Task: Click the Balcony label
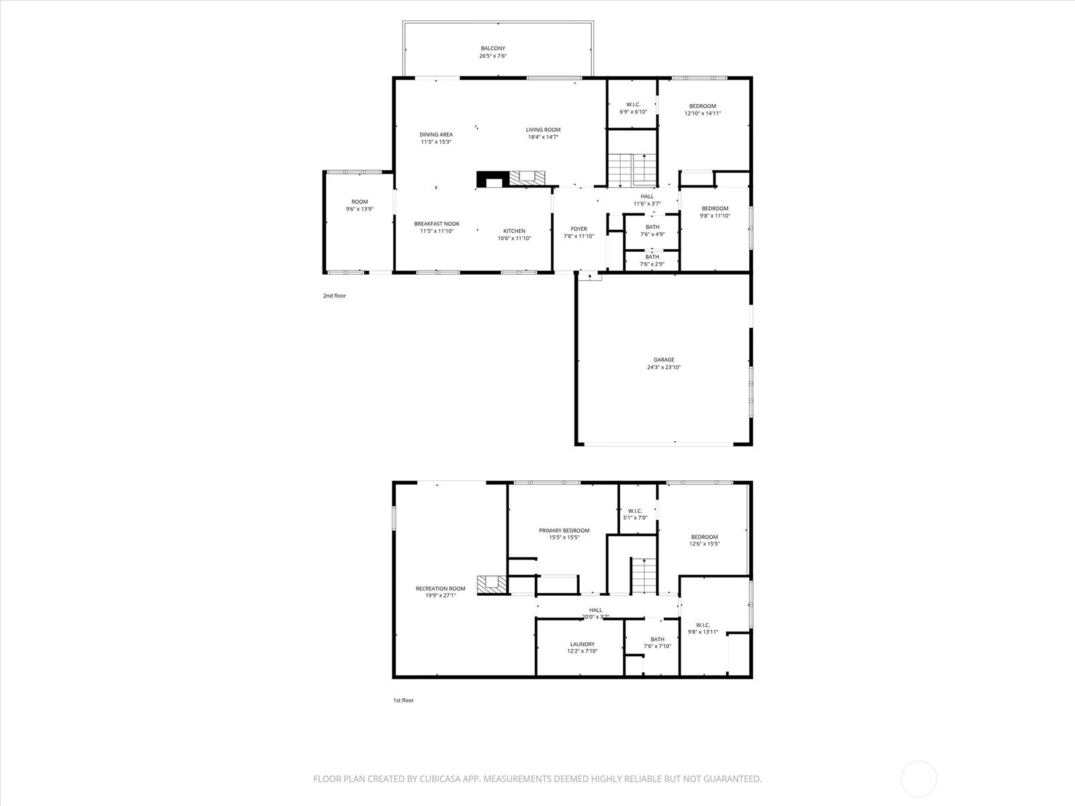492,48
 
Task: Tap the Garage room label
664,360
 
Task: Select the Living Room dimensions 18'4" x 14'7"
543,137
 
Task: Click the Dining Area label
436,134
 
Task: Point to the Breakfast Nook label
437,224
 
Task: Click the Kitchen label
514,231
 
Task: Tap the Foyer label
578,229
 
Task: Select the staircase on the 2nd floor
632,170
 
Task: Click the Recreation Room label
440,588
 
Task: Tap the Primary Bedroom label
564,531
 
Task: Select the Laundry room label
582,644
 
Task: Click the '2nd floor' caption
334,296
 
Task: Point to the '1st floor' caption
403,700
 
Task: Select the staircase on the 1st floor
643,576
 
